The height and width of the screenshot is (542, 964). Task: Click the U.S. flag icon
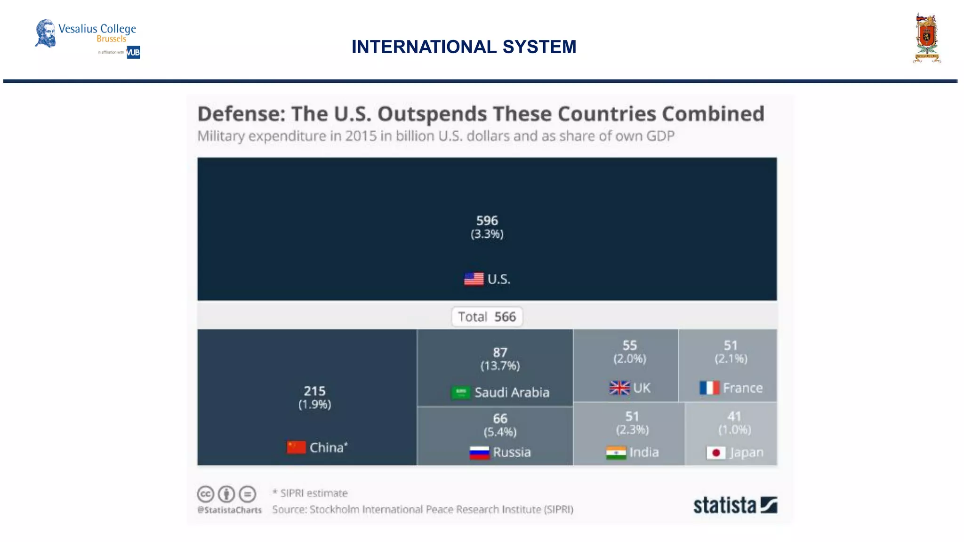[x=474, y=279]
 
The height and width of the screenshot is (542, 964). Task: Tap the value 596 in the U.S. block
[x=487, y=221]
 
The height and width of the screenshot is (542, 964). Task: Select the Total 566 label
[x=487, y=317]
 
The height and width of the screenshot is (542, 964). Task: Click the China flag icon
[x=296, y=447]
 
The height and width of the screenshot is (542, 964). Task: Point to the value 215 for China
[x=314, y=391]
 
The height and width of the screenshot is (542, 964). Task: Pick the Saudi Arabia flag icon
[x=460, y=392]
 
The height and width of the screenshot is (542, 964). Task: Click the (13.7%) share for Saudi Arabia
[x=500, y=366]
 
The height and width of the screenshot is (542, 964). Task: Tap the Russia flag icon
[x=479, y=453]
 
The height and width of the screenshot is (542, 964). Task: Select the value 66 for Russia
[x=500, y=418]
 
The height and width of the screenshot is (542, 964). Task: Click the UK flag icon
[x=619, y=388]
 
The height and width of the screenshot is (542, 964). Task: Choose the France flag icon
[x=709, y=388]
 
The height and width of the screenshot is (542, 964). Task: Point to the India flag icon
[x=616, y=453]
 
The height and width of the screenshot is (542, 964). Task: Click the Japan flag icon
[x=716, y=453]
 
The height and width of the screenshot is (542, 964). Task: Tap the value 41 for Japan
[x=734, y=416]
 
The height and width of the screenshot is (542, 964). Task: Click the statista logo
[x=734, y=505]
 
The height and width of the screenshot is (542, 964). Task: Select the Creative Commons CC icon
[x=206, y=494]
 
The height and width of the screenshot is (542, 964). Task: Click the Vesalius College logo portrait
[x=46, y=33]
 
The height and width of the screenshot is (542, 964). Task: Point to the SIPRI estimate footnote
[x=310, y=493]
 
